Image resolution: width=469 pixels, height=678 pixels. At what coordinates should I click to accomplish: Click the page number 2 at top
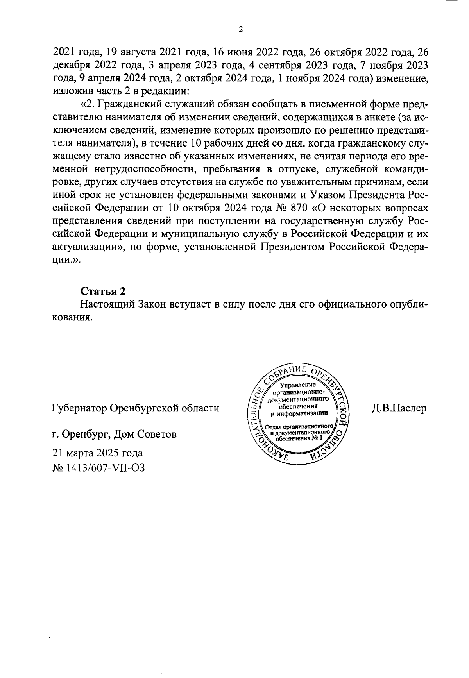click(x=241, y=30)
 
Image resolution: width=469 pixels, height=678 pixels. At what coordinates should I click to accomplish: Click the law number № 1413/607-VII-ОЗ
click(x=98, y=467)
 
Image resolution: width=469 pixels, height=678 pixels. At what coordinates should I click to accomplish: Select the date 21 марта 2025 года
click(x=98, y=453)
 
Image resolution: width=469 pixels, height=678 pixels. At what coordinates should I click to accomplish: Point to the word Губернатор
click(x=79, y=408)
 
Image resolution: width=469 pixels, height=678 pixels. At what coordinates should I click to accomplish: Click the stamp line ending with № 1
click(x=300, y=438)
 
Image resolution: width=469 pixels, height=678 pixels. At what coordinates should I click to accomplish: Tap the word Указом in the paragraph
click(x=327, y=194)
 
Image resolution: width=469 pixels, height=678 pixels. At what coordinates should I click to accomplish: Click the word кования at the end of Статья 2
click(x=72, y=317)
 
